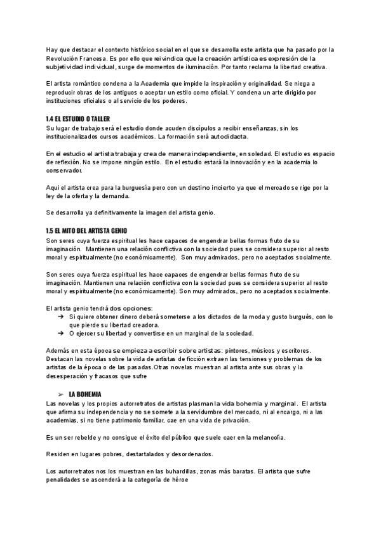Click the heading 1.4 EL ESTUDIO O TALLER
point(78,119)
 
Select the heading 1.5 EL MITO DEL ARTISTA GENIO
point(87,232)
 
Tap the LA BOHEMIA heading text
point(84,394)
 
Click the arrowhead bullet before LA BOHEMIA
point(60,394)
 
